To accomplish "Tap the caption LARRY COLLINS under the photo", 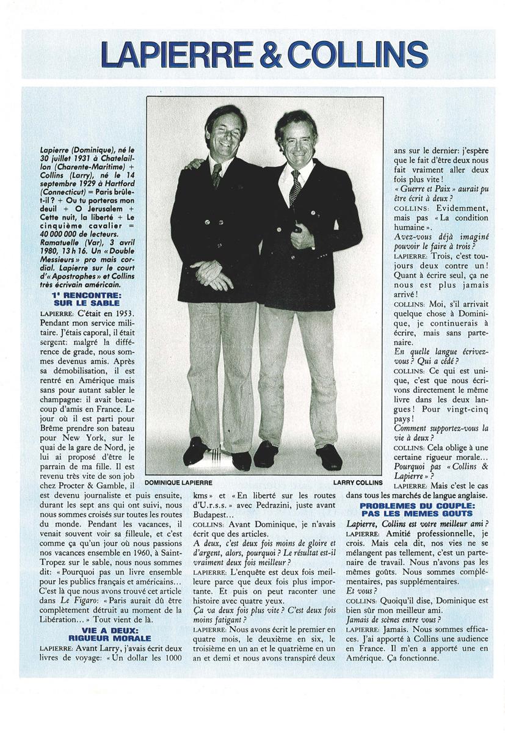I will pos(358,482).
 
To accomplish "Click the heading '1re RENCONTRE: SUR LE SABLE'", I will pos(83,299).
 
